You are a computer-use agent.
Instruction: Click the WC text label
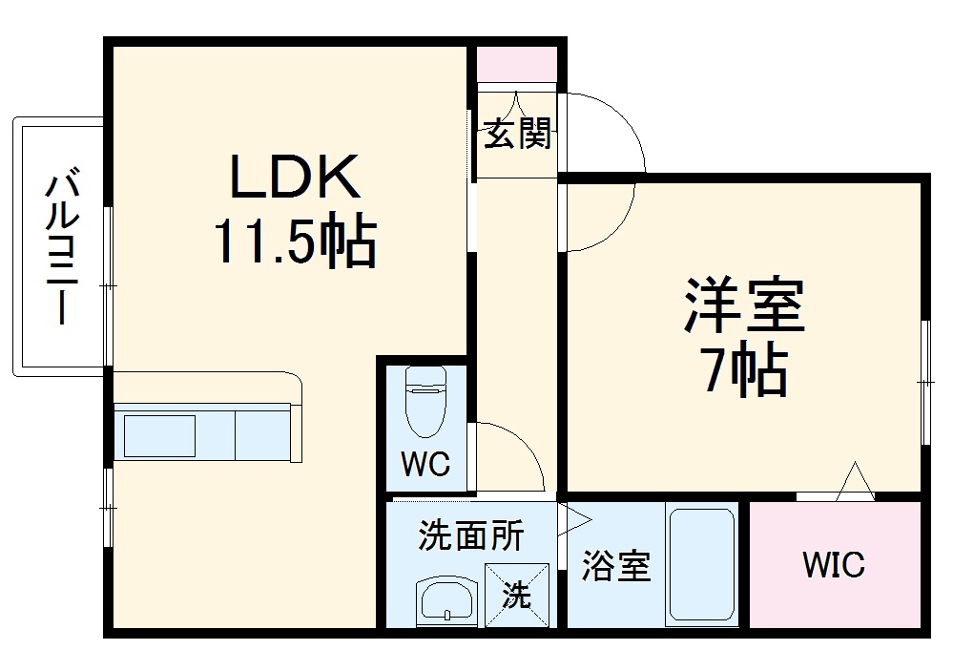pos(425,465)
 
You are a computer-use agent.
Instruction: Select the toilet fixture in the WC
pos(424,401)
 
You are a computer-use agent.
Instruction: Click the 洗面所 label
pos(471,536)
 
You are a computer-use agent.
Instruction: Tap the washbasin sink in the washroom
pos(445,601)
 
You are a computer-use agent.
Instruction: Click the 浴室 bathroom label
pos(616,566)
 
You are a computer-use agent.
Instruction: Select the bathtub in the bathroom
pos(702,565)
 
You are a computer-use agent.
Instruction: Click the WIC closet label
pos(833,564)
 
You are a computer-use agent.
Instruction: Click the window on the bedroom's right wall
pos(924,382)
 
